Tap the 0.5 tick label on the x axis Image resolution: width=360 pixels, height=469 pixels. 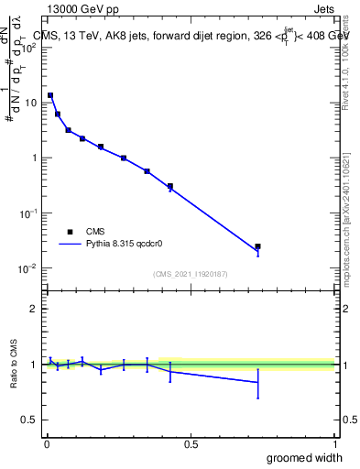coord(191,443)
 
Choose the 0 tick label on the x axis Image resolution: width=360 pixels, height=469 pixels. coord(47,443)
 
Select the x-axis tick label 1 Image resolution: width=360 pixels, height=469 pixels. coord(334,443)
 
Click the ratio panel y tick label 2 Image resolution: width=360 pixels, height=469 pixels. coord(34,309)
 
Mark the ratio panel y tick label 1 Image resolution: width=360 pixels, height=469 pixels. coord(34,365)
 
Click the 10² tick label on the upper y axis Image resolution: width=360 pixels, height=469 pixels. coord(28,48)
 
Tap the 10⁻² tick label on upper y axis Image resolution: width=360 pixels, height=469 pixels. coord(28,267)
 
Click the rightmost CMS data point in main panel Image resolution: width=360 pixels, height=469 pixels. coord(258,246)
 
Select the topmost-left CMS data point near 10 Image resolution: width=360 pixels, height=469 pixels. coord(50,95)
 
